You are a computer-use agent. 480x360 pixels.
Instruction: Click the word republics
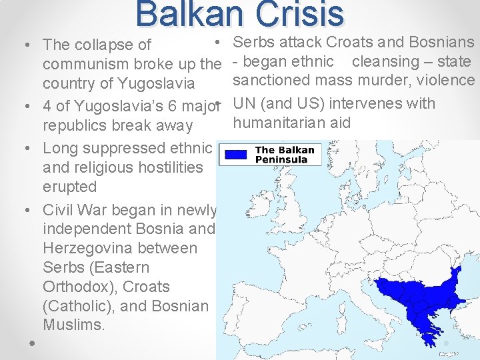tap(75, 125)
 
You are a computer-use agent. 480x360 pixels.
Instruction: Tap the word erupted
tap(69, 187)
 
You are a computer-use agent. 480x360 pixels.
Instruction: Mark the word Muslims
tap(73, 325)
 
